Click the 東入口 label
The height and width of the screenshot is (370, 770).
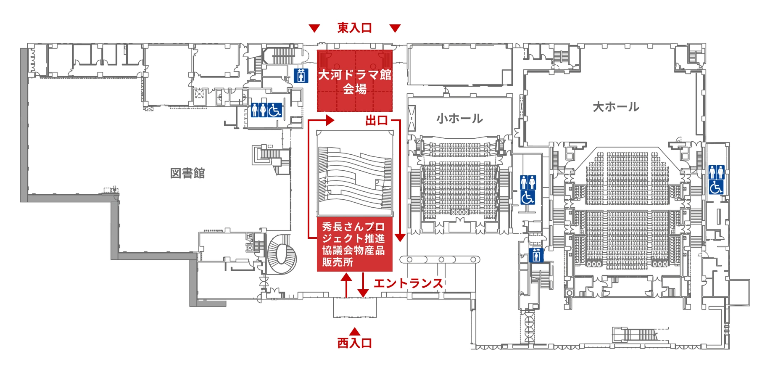click(354, 28)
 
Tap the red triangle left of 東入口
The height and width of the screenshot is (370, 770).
click(314, 28)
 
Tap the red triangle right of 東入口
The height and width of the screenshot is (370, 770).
click(395, 28)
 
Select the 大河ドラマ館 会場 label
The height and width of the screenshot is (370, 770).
click(355, 82)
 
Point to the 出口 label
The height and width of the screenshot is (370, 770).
click(376, 121)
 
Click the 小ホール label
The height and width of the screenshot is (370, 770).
click(459, 119)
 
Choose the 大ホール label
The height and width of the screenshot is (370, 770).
click(616, 107)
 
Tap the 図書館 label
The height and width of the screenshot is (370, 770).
click(187, 173)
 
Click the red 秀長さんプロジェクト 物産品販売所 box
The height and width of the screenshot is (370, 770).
click(354, 244)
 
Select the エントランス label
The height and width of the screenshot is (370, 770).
click(408, 283)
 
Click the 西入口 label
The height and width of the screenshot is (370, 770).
click(354, 343)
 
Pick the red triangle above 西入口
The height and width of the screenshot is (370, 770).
click(354, 331)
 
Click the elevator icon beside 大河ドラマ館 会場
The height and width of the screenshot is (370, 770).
click(301, 75)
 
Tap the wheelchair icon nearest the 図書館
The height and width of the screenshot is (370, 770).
click(274, 110)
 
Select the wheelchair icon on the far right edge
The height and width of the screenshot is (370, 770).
click(716, 187)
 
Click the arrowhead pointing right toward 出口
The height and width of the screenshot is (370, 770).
click(330, 121)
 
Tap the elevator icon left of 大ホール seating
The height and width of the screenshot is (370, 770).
click(536, 255)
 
